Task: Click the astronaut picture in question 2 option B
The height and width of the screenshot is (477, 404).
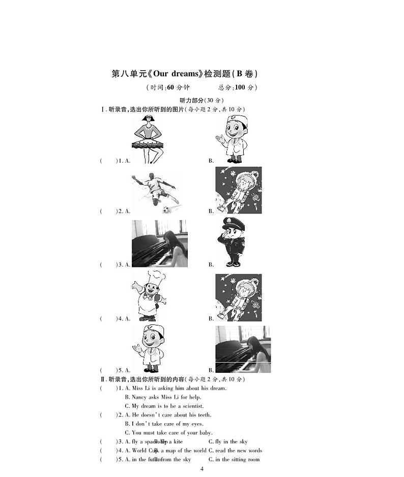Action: pyautogui.click(x=238, y=190)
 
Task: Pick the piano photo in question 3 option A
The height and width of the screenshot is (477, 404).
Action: pyautogui.click(x=160, y=244)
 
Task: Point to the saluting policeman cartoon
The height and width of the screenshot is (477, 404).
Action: pyautogui.click(x=233, y=242)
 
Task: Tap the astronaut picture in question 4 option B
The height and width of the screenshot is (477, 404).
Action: pyautogui.click(x=238, y=297)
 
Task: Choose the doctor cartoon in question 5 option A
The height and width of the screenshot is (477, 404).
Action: pyautogui.click(x=148, y=349)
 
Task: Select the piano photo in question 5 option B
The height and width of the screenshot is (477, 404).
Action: pyautogui.click(x=243, y=349)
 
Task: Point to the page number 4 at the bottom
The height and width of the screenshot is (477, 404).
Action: pyautogui.click(x=202, y=469)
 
